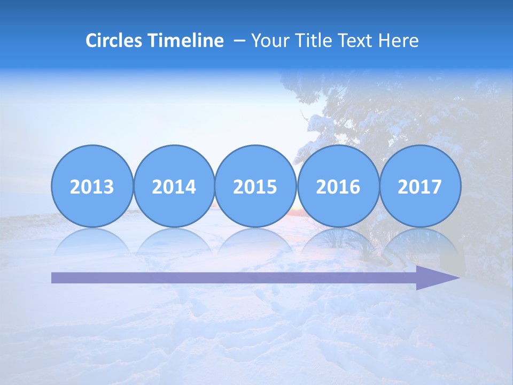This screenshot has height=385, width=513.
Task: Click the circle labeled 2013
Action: point(92,187)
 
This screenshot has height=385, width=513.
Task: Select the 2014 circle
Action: point(174,187)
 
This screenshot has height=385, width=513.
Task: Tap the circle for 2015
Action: point(255,187)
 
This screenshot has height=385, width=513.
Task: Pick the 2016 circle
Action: point(338,187)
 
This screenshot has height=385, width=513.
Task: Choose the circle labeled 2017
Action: point(420,187)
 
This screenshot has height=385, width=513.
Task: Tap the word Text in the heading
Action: point(355,41)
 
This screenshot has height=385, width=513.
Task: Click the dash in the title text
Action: point(240,41)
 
